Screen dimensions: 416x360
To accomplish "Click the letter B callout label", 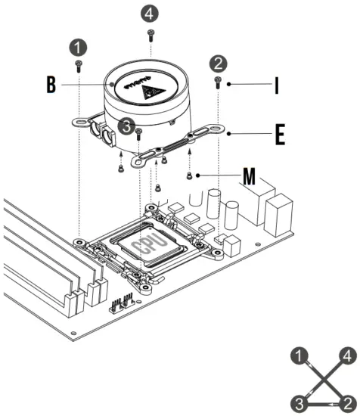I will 50,85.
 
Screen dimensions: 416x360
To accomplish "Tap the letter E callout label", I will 279,135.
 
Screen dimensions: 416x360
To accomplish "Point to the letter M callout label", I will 249,179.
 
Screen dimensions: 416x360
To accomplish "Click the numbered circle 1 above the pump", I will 78,46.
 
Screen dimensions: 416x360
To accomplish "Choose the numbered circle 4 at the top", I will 151,12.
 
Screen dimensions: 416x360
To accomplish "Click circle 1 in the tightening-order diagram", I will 303,355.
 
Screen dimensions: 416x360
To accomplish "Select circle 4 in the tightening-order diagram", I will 346,355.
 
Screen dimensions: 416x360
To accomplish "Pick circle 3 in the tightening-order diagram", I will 303,399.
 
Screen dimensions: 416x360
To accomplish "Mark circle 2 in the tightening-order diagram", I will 346,399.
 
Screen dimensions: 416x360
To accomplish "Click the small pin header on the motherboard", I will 122,303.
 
